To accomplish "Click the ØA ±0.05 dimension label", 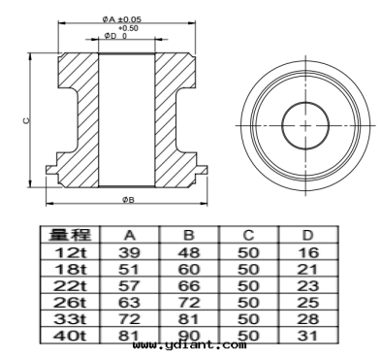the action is pos(122,19).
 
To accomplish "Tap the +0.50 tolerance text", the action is pos(128,28).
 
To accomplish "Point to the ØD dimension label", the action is pos(110,36).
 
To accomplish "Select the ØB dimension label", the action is pos(128,200).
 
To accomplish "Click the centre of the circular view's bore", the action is pos(305,125).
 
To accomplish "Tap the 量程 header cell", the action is pos(70,235).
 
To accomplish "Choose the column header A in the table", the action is pos(130,235).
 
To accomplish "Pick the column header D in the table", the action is pos(307,235).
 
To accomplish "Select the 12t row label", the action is pos(70,252).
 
